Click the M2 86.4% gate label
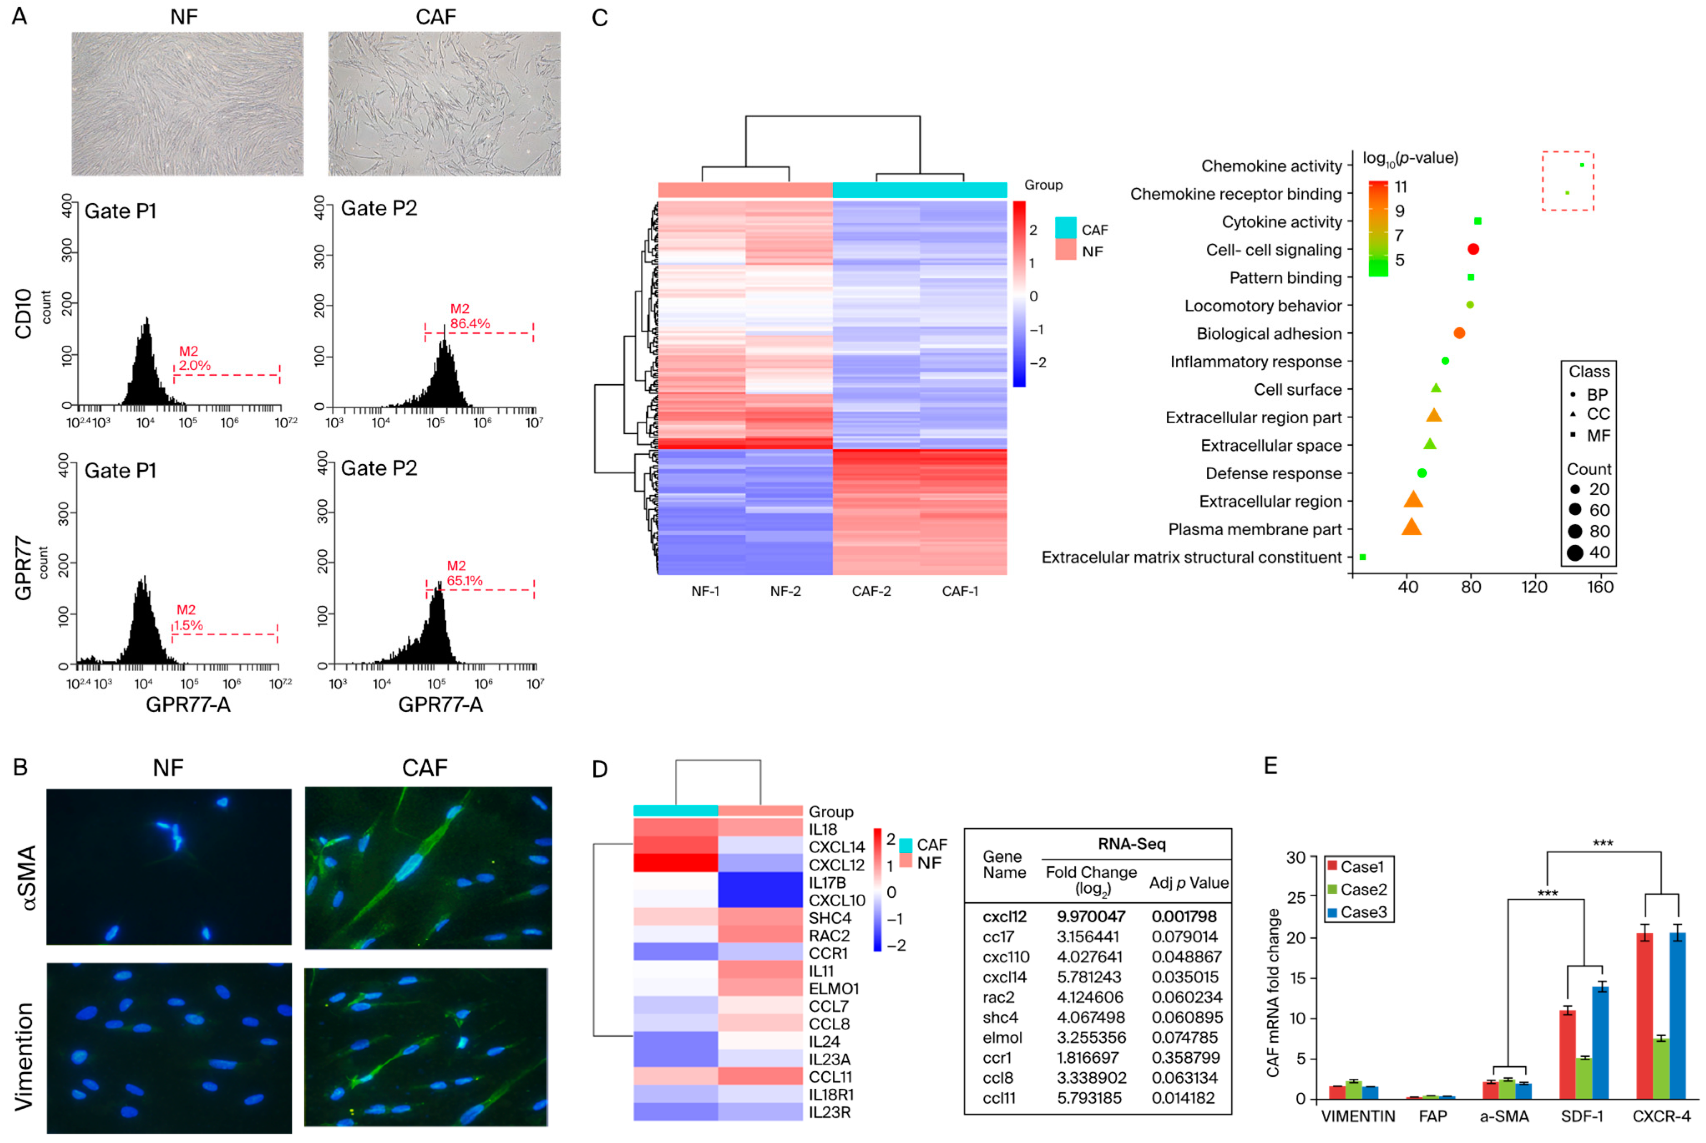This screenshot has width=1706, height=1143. coord(469,316)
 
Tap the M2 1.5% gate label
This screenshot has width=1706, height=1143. coord(187,617)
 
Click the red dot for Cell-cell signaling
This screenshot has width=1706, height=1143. coord(1473,249)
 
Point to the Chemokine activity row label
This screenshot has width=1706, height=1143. coord(1271,166)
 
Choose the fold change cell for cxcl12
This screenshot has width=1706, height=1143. coord(1091,916)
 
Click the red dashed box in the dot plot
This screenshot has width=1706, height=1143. coord(1567,181)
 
